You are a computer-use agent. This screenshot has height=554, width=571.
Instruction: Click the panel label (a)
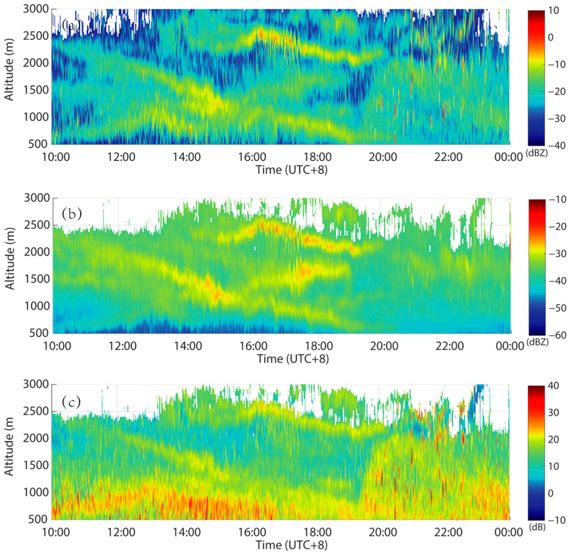(71, 25)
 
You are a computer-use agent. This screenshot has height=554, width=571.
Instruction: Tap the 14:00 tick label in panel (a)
(187, 157)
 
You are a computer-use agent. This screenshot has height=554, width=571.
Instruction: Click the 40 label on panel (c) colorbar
(553, 386)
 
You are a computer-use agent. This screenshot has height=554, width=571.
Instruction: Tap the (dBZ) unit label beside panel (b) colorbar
(538, 342)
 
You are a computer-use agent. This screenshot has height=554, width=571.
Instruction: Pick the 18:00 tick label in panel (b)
(319, 346)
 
